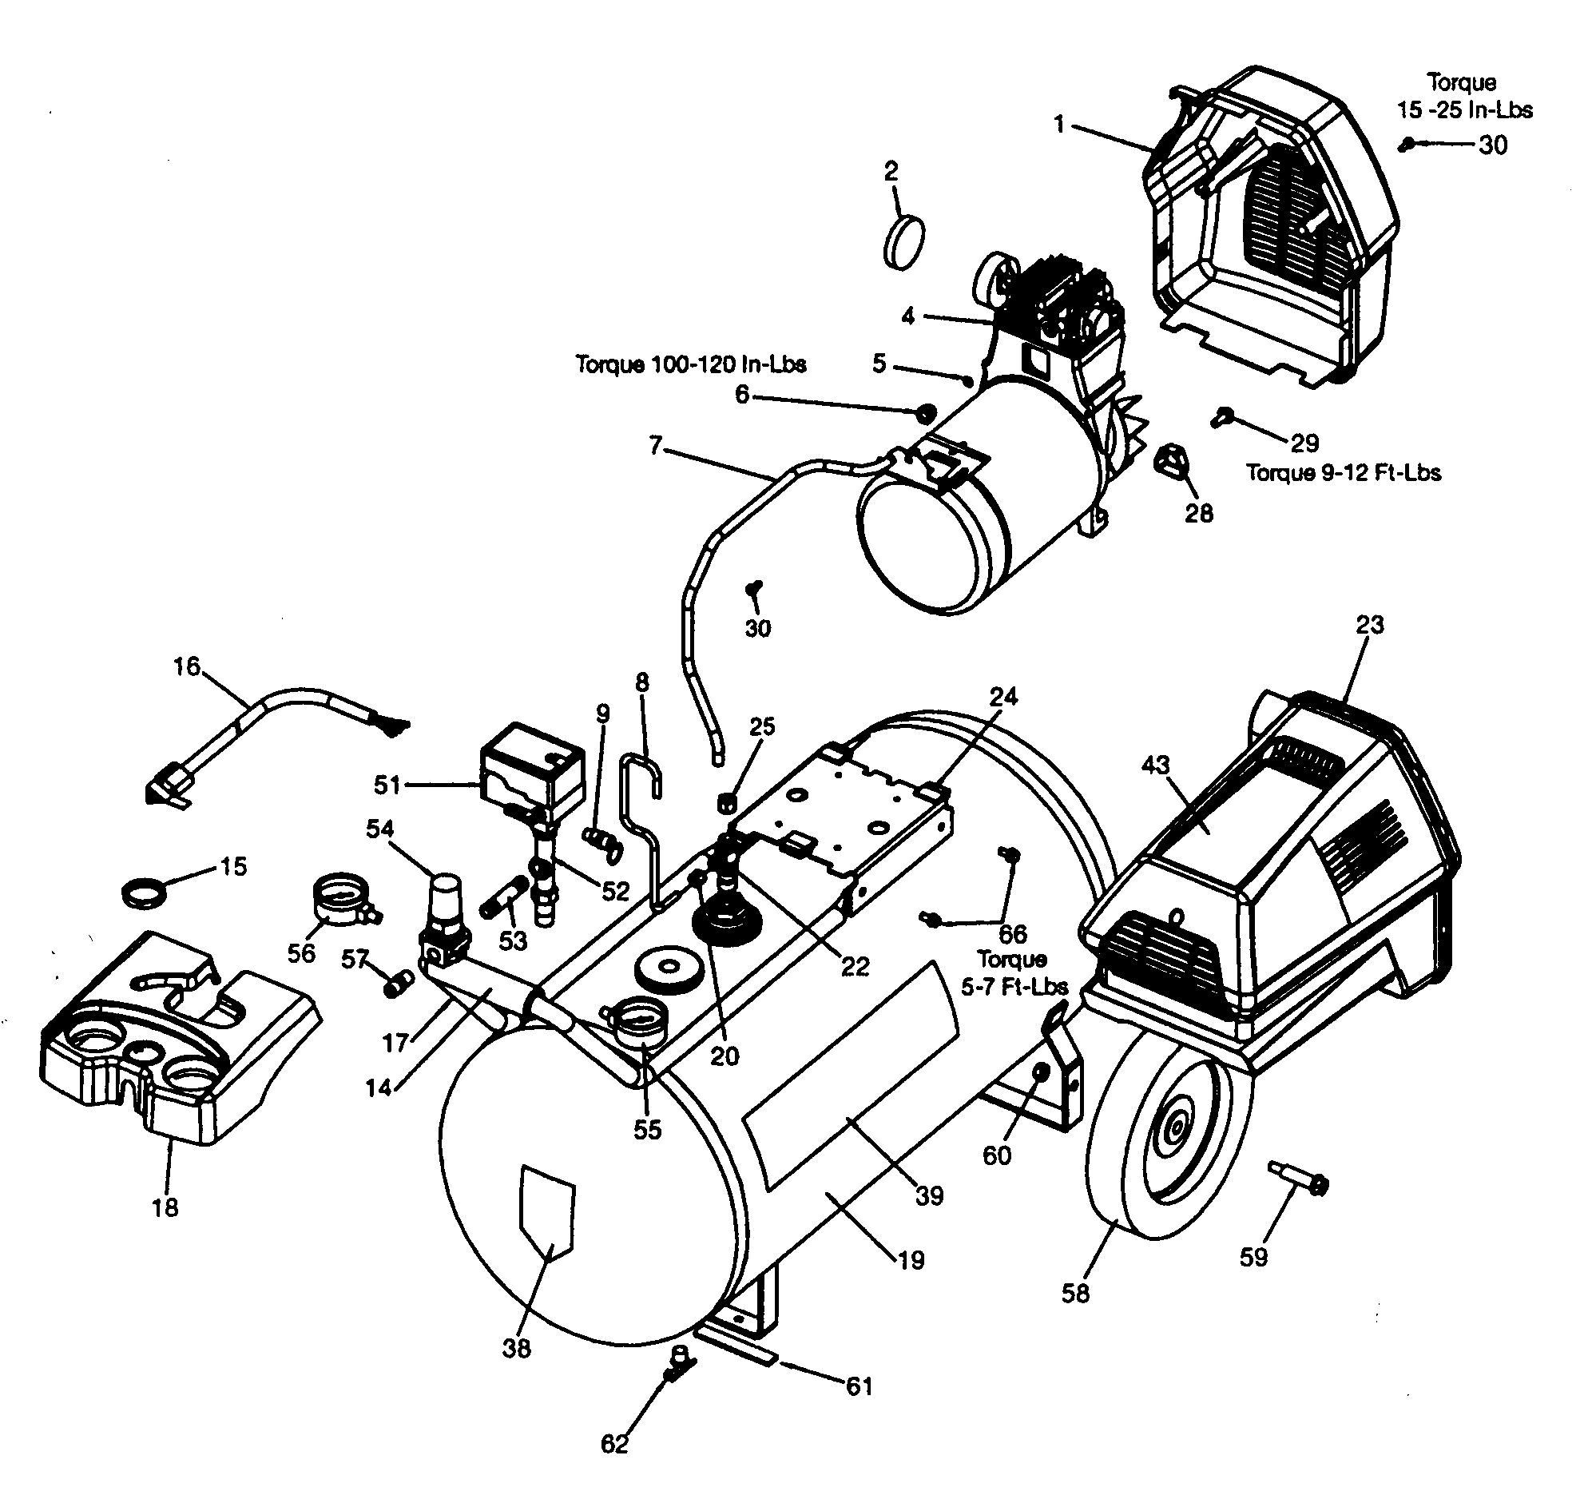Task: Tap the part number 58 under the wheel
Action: [x=1075, y=1294]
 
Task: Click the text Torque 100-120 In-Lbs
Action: [x=691, y=364]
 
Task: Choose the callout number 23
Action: [x=1369, y=624]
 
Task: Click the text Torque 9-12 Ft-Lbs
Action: [x=1343, y=472]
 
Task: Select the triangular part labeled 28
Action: [x=1172, y=462]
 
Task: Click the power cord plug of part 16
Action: [x=170, y=785]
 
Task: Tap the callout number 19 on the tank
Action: [x=911, y=1260]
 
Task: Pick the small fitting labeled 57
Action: [x=399, y=982]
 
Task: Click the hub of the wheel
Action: [x=1175, y=1128]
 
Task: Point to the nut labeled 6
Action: [x=925, y=413]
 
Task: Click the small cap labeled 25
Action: [x=726, y=801]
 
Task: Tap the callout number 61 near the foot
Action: [x=859, y=1386]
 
